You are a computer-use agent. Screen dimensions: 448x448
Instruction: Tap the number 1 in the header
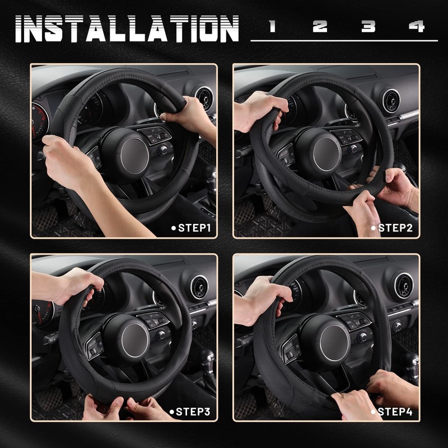(273, 26)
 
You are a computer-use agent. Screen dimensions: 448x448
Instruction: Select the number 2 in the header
(320, 26)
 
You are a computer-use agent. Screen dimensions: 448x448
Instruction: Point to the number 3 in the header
(368, 26)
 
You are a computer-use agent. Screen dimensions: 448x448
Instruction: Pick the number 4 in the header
(416, 26)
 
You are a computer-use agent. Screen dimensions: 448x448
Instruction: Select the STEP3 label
(190, 412)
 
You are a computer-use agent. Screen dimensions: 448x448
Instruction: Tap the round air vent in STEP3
(199, 286)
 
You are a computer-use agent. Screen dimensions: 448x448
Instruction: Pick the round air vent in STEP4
(401, 285)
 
